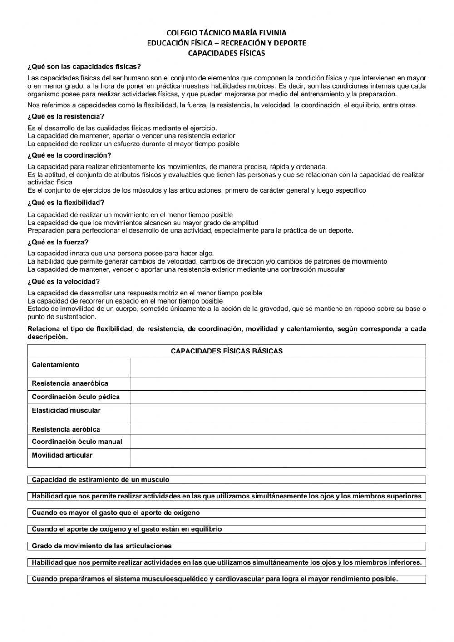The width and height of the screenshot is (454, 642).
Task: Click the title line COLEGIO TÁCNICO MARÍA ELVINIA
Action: pos(227,33)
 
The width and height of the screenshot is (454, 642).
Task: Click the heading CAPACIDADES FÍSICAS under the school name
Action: pos(227,53)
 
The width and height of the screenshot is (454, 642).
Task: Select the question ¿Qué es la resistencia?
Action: pos(66,116)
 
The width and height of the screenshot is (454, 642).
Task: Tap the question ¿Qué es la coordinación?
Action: pos(69,155)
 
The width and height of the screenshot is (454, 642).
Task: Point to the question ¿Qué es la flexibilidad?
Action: pos(66,203)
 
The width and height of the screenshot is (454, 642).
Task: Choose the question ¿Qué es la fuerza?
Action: pos(58,242)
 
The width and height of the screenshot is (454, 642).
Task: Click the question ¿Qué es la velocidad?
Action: pos(64,282)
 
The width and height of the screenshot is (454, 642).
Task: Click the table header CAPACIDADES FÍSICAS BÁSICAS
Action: pos(227,351)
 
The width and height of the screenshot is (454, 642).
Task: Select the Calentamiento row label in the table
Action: pos(55,365)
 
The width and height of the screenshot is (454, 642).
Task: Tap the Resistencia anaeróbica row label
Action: pos(70,383)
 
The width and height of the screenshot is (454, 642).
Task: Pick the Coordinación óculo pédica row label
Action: pos(76,397)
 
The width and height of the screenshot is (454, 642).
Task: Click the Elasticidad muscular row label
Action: pos(66,411)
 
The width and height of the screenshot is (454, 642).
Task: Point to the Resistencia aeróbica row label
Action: pos(66,429)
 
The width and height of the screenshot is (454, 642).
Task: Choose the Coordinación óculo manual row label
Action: pos(77,442)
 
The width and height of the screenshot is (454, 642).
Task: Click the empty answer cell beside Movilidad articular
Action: pos(278,458)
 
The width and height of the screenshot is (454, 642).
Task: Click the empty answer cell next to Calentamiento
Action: pos(278,368)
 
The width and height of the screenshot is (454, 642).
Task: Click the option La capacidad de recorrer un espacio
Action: pos(125,301)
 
